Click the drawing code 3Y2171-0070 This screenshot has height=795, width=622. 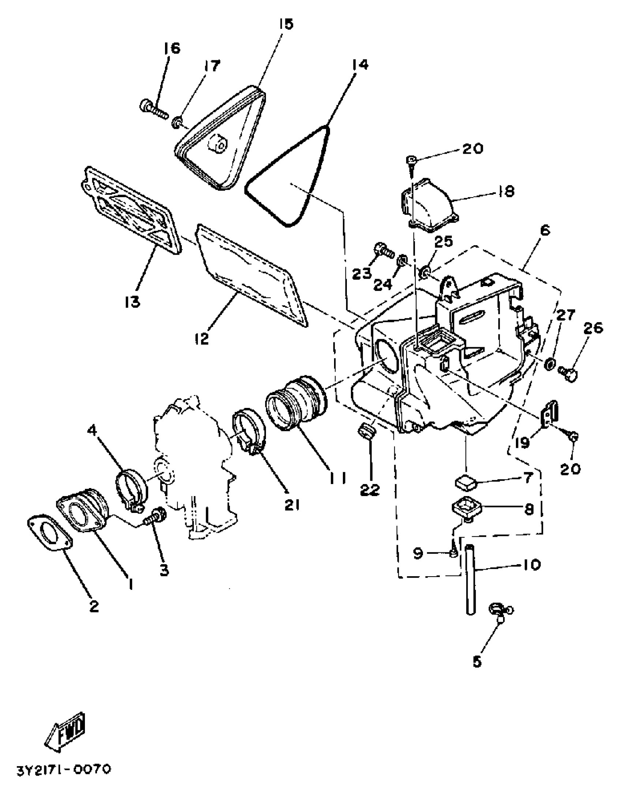click(x=63, y=770)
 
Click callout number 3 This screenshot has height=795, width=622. click(x=164, y=570)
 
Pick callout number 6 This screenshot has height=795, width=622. click(x=544, y=230)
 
